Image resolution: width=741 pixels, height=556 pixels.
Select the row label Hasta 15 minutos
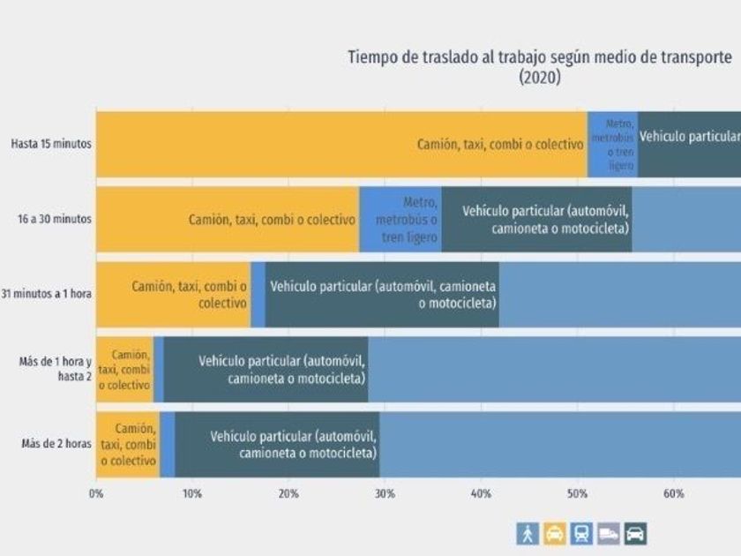[x=51, y=144]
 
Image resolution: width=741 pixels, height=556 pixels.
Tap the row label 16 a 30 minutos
[x=52, y=219]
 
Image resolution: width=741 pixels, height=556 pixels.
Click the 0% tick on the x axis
[x=96, y=494]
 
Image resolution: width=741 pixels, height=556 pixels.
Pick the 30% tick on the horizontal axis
[x=385, y=494]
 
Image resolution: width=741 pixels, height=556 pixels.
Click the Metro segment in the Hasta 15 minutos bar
[x=612, y=144]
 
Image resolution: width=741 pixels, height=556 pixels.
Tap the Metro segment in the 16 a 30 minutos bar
[x=400, y=219]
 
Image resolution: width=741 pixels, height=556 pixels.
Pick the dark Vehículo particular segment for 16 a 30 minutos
[x=536, y=219]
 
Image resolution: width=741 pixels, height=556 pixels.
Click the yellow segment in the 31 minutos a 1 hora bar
[x=173, y=294]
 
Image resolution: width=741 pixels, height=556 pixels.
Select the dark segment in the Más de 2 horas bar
[x=277, y=444]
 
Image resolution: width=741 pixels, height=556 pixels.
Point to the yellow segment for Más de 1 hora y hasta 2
[x=124, y=369]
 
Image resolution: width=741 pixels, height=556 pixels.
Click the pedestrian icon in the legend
[x=528, y=533]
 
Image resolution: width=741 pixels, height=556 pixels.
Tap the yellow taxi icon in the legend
[x=555, y=533]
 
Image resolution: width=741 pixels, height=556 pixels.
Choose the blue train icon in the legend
[x=582, y=533]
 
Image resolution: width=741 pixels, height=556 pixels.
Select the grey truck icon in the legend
[x=609, y=533]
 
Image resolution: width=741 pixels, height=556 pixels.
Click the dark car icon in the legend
[x=636, y=533]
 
